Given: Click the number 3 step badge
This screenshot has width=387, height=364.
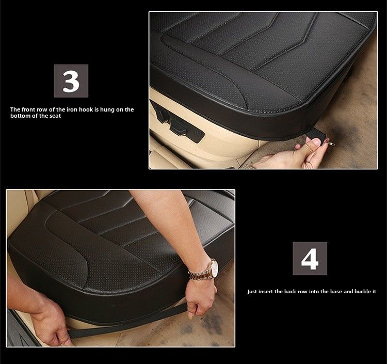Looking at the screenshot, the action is (x=71, y=81).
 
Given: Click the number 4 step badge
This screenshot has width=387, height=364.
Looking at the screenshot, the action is (x=310, y=258).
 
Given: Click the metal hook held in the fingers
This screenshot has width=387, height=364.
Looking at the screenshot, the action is (x=330, y=143).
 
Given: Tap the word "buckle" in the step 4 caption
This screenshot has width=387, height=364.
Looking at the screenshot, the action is (x=363, y=291).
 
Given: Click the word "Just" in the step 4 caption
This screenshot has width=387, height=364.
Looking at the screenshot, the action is (x=252, y=292).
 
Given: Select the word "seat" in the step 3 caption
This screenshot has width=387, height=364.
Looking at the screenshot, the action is (x=55, y=116).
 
